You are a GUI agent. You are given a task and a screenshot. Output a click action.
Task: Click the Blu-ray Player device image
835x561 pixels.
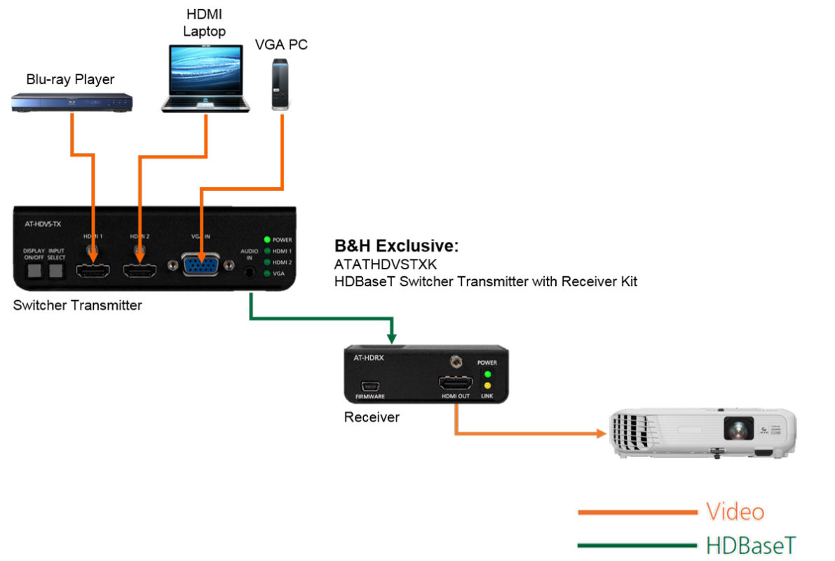click(72, 103)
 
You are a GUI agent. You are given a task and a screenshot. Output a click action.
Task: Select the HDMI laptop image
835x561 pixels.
click(205, 79)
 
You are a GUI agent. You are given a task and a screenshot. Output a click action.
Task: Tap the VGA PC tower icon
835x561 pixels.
click(282, 85)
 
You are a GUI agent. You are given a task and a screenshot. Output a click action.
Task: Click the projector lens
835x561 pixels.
click(738, 427)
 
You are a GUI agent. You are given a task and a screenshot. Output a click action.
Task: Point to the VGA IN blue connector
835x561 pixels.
click(201, 266)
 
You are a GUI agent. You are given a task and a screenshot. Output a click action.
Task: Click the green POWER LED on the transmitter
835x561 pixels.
click(266, 240)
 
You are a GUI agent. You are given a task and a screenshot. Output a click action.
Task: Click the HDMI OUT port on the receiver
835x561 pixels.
click(456, 384)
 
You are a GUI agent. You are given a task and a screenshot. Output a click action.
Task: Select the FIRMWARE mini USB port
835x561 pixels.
click(370, 385)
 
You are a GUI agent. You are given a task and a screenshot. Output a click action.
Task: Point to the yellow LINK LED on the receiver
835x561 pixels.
click(486, 385)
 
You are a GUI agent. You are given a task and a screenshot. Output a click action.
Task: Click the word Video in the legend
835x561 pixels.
click(734, 512)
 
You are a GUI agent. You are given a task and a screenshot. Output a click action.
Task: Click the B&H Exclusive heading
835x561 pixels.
click(397, 247)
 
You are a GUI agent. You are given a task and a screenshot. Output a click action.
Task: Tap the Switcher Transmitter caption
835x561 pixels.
click(77, 306)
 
